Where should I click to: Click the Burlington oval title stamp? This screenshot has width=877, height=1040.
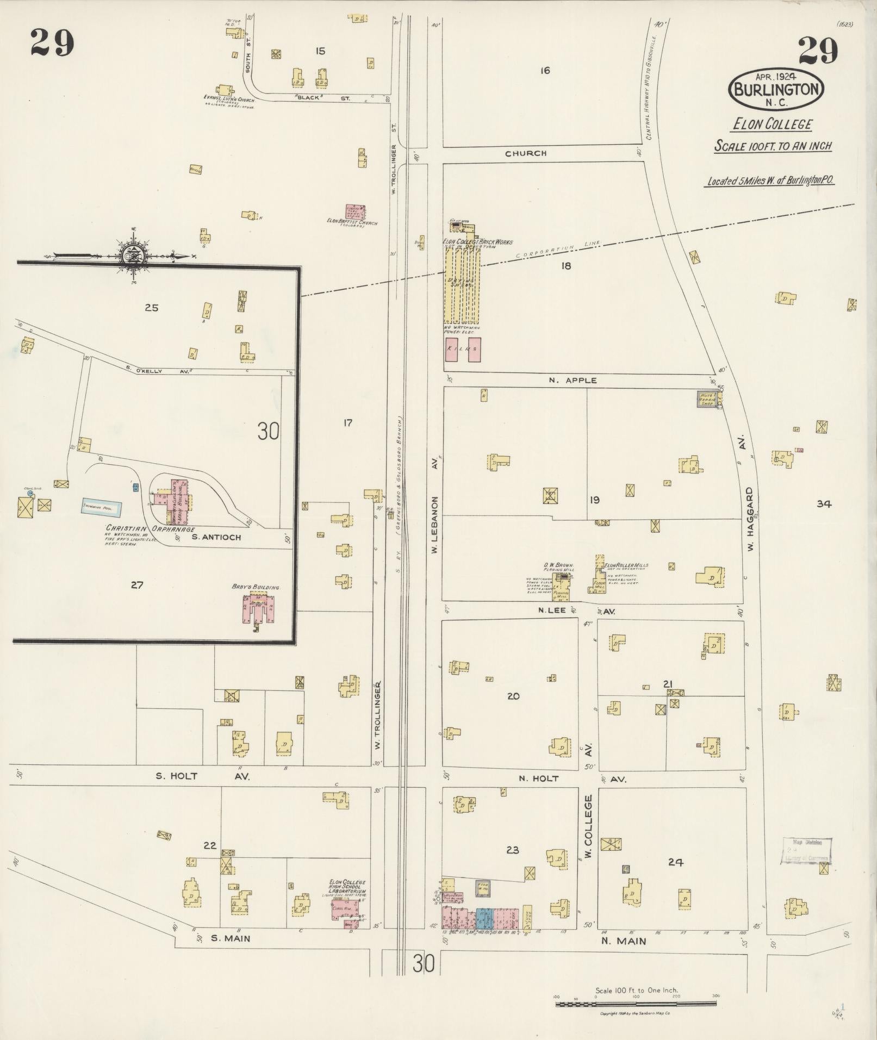pyautogui.click(x=776, y=89)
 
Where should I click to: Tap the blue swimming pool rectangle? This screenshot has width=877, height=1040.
pyautogui.click(x=102, y=507)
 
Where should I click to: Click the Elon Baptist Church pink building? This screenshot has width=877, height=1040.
pyautogui.click(x=356, y=212)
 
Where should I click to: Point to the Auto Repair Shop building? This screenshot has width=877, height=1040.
pyautogui.click(x=706, y=398)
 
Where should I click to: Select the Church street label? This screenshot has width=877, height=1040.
pyautogui.click(x=525, y=154)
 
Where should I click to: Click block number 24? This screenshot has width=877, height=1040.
pyautogui.click(x=675, y=861)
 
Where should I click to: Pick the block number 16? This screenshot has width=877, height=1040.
pyautogui.click(x=545, y=70)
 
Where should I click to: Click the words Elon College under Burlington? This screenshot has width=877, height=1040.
pyautogui.click(x=772, y=124)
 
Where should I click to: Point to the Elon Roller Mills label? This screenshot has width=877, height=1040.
pyautogui.click(x=626, y=565)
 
